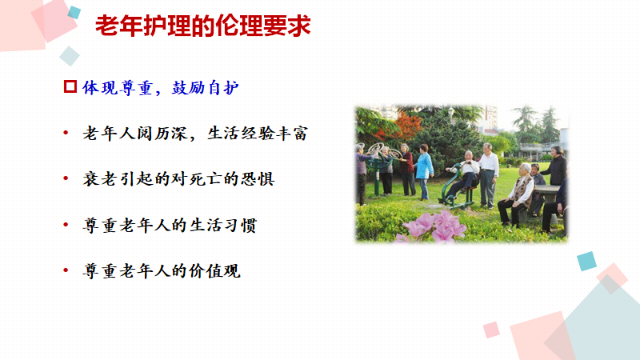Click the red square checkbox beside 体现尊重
[70, 86]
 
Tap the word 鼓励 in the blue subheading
[188, 87]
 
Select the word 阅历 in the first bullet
[154, 133]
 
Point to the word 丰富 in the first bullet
[291, 133]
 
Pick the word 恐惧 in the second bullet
[258, 178]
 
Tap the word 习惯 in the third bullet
[241, 225]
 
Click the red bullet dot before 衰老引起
[66, 178]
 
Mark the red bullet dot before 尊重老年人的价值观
[66, 270]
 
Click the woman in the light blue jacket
[424, 171]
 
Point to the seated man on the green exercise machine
[464, 175]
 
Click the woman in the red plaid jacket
[407, 169]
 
